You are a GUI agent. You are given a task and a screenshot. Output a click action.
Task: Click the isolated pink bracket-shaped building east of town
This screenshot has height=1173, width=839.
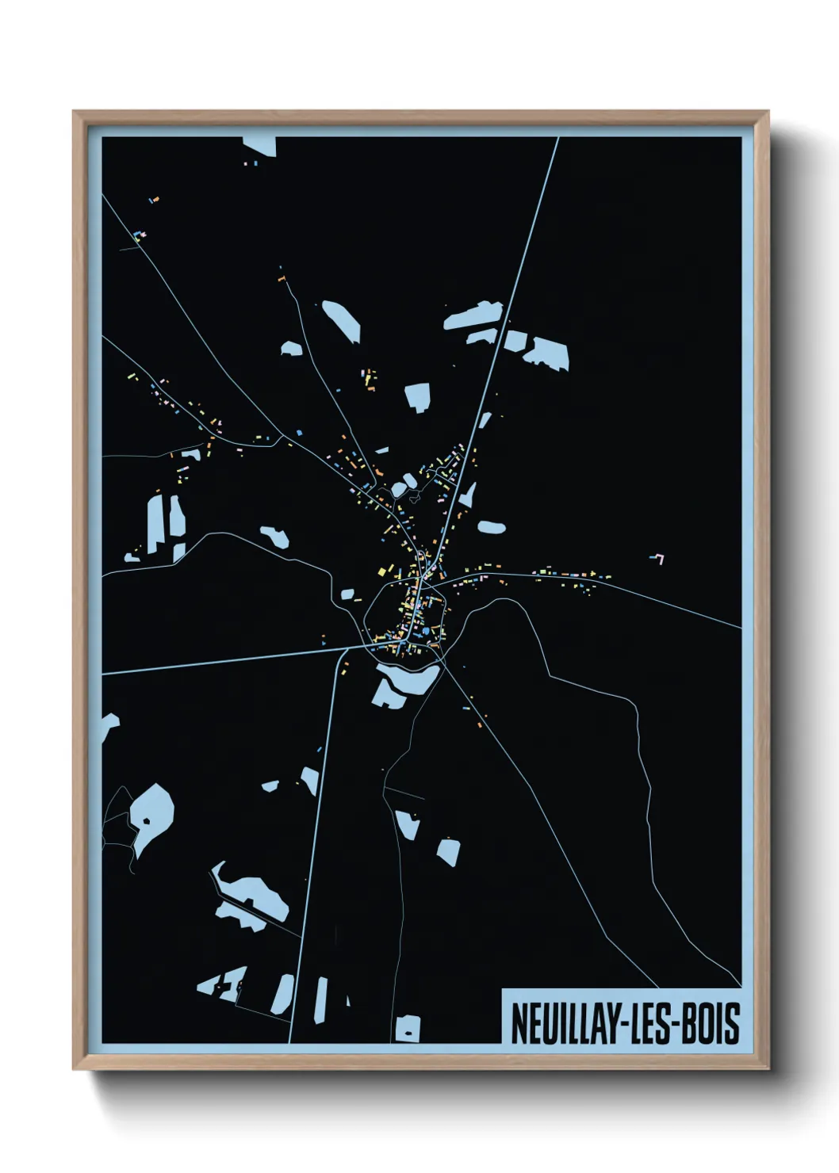point(657,559)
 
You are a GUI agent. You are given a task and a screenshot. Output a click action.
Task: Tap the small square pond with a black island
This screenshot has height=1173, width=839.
point(408,1028)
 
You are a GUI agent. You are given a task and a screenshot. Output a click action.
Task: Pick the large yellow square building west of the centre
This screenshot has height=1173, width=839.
point(382,571)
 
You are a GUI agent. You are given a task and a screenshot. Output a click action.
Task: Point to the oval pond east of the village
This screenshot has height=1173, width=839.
point(490,526)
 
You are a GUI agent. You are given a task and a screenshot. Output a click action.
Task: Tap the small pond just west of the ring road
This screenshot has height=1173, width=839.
point(347,593)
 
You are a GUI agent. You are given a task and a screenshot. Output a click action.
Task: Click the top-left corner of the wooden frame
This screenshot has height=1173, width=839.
point(74,112)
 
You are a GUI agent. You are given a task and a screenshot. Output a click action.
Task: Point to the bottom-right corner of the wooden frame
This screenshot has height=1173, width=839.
point(768,1070)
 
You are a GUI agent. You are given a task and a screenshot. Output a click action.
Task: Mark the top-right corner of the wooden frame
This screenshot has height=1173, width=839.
point(768,112)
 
